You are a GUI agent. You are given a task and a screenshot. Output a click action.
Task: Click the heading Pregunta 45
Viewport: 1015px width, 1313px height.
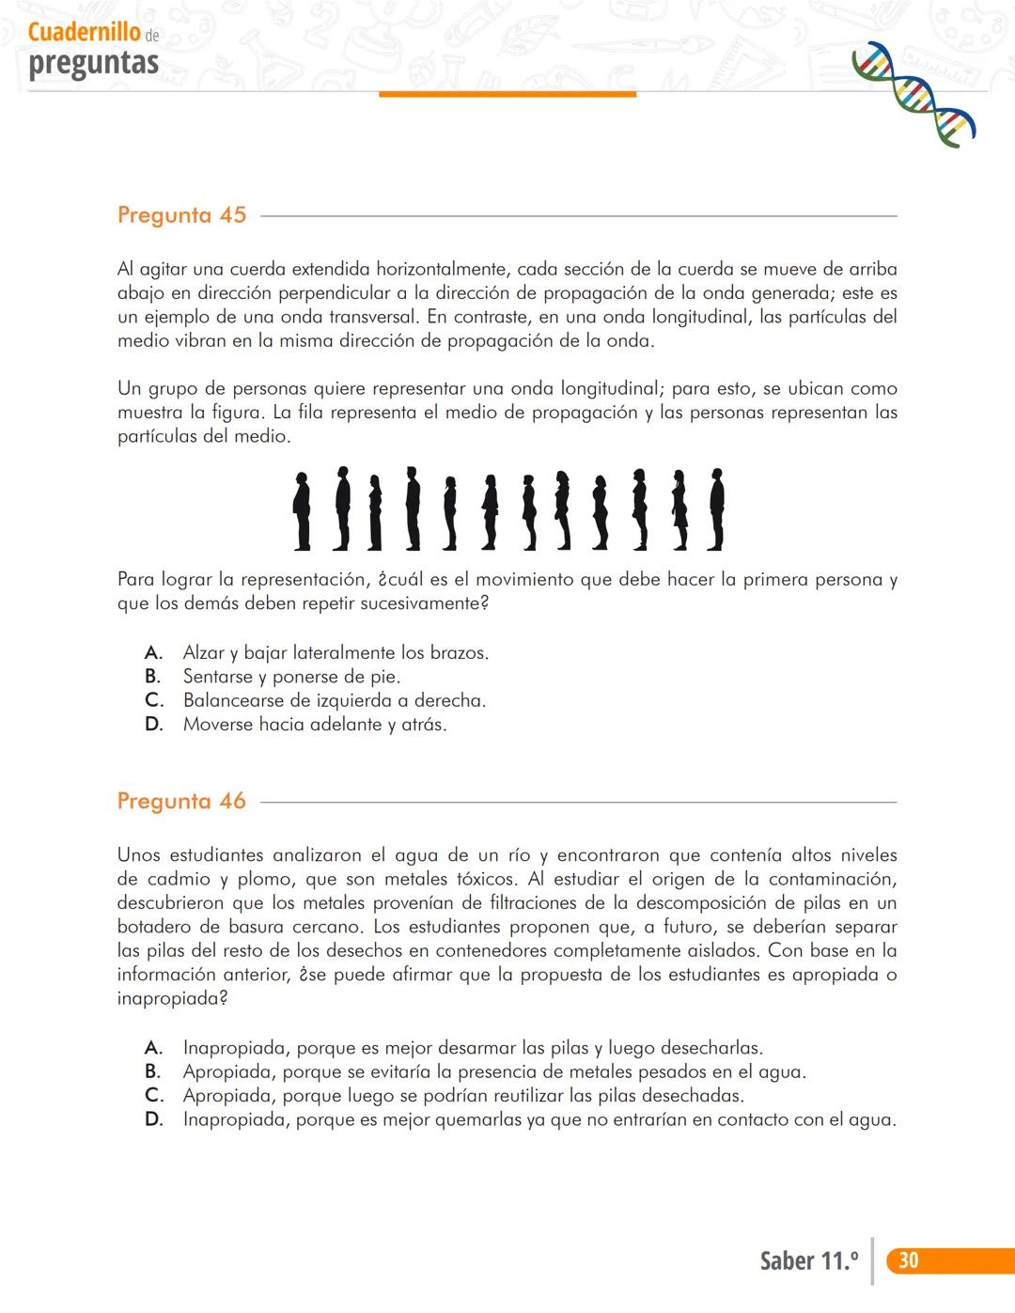[x=181, y=215]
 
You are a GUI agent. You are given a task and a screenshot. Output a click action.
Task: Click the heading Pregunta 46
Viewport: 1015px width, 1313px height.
[x=181, y=802]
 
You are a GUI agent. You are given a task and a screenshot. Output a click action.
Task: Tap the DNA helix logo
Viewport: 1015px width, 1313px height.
[x=913, y=94]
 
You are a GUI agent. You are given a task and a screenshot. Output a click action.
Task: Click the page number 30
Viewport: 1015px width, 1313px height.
[x=908, y=1260]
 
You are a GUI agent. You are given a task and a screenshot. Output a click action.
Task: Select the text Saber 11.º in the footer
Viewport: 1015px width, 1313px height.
[x=808, y=1261]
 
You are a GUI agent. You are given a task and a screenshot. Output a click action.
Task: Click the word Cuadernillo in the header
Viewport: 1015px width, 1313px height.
[x=85, y=33]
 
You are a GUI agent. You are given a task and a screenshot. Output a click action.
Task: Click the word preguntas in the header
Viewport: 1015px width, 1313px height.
[x=93, y=64]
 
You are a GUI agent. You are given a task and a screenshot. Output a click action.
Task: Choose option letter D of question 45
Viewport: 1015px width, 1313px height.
[x=153, y=725]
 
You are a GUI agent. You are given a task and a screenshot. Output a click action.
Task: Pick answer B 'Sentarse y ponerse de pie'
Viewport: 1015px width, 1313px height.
[x=291, y=677]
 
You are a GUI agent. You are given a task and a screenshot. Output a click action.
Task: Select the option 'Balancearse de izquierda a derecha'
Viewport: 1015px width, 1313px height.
[x=334, y=701]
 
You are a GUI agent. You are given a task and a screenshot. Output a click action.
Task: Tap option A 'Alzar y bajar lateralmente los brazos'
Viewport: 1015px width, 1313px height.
[x=336, y=653]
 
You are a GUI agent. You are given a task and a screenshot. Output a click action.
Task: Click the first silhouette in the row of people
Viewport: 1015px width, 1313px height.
[x=302, y=510]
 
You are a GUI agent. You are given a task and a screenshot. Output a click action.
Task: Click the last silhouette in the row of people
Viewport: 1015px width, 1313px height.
[x=716, y=508]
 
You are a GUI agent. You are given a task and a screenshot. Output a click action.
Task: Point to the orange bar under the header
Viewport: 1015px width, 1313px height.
[x=507, y=94]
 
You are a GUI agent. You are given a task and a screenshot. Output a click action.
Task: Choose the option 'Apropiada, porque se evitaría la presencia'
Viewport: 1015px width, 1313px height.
[x=493, y=1072]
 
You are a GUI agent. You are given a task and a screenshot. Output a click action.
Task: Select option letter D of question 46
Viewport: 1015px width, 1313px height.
[x=153, y=1120]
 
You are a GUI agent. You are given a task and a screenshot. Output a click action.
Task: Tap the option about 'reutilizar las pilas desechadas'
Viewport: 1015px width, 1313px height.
[x=462, y=1096]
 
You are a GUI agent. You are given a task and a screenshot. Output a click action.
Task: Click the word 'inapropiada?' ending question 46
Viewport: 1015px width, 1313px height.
[x=172, y=999]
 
